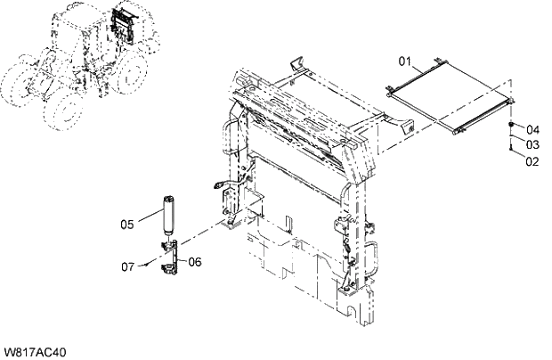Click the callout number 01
(x=403, y=62)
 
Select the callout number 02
(x=532, y=161)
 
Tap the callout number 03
(x=532, y=144)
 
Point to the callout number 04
(x=532, y=129)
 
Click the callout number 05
(x=128, y=225)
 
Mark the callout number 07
(x=128, y=266)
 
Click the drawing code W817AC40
(x=35, y=352)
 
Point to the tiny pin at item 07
(x=146, y=265)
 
